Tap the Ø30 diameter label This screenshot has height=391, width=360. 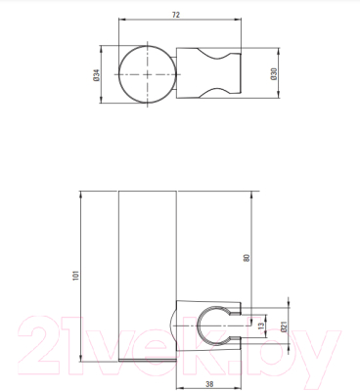274,72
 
